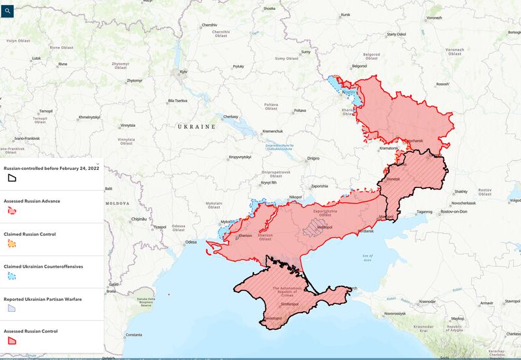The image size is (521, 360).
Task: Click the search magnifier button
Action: (7, 10)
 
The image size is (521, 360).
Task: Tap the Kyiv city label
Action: (184, 72)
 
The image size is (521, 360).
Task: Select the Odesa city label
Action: (190, 242)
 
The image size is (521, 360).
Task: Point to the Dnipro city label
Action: (313, 158)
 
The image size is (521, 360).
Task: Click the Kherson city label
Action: (246, 235)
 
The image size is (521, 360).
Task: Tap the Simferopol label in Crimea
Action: (289, 305)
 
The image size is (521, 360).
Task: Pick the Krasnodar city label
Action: (427, 301)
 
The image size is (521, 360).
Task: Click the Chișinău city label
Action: (139, 219)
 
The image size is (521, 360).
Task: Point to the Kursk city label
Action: (345, 14)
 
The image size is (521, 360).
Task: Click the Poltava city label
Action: (300, 111)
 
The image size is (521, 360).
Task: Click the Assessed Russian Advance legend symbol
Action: (12, 210)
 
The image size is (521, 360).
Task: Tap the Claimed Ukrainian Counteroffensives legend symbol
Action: (12, 275)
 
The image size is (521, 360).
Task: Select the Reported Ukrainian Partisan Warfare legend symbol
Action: (12, 308)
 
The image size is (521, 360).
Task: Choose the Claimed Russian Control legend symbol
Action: (12, 243)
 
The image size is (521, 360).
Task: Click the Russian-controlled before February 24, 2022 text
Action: (51, 168)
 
